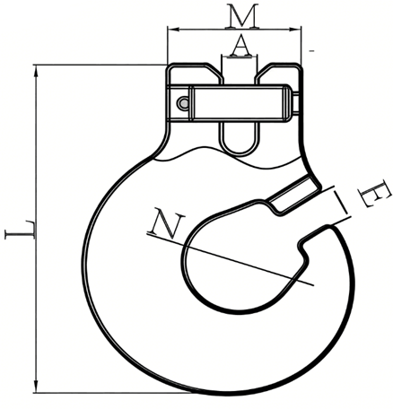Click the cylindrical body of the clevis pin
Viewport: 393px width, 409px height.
coord(238,100)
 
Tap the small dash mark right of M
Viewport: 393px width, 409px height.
coord(310,51)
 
